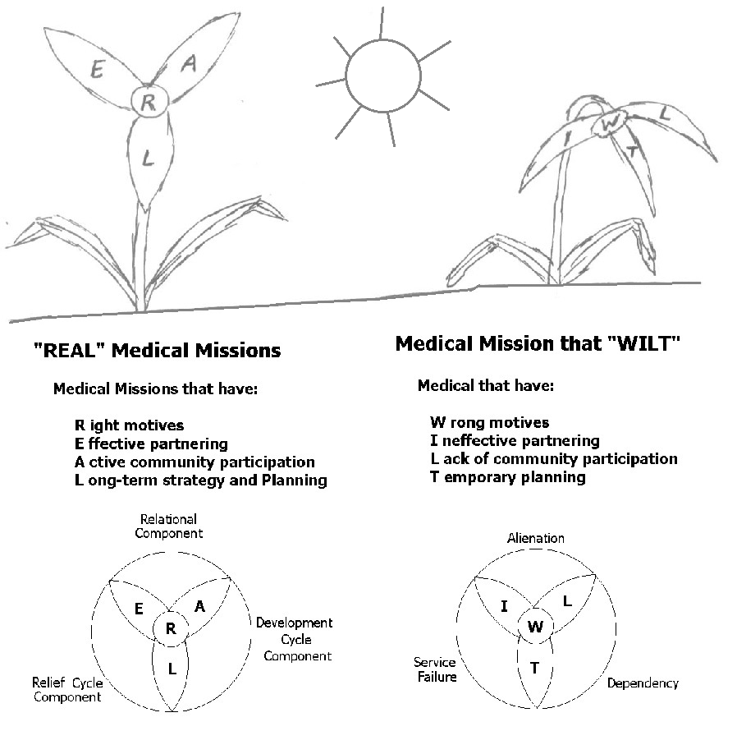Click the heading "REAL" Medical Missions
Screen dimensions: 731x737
156,351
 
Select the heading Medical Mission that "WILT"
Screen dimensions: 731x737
538,343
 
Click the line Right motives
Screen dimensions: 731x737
129,425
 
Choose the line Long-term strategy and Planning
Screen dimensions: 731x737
200,480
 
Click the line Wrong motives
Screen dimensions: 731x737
489,423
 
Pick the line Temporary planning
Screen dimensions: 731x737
507,477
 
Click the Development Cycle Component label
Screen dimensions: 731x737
294,640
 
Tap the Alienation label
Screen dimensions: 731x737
535,538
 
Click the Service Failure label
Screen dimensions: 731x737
434,669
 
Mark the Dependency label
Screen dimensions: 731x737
643,683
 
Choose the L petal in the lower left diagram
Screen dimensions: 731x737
172,669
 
